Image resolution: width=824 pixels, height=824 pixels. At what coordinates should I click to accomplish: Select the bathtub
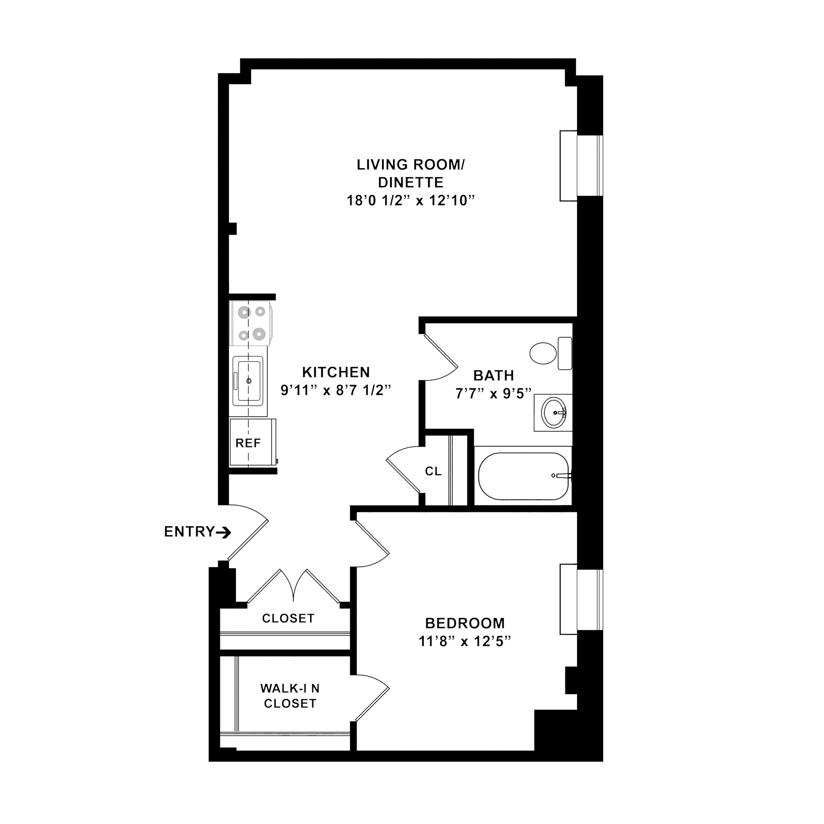(x=524, y=476)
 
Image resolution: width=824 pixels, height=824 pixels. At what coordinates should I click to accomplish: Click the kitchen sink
(x=248, y=381)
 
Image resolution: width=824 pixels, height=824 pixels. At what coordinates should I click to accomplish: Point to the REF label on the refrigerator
(x=248, y=443)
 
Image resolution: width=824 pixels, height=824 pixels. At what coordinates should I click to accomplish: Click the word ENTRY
(x=189, y=531)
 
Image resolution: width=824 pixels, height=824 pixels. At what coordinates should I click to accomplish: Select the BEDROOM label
(x=465, y=623)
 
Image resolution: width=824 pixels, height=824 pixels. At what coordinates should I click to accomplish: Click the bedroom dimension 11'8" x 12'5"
(x=465, y=641)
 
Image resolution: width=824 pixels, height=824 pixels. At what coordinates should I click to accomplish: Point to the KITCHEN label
(x=336, y=372)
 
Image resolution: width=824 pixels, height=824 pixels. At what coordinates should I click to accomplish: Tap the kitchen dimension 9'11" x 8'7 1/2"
(x=336, y=390)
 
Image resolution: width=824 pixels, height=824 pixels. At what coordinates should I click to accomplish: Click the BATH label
(x=494, y=375)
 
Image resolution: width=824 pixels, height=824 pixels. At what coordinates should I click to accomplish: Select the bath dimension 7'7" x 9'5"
(x=494, y=393)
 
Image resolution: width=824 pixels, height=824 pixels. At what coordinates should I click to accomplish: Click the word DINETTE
(x=411, y=183)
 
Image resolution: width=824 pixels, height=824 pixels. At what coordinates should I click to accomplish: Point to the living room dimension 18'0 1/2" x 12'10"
(x=411, y=201)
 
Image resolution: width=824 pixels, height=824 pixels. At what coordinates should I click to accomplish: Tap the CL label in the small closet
(x=433, y=471)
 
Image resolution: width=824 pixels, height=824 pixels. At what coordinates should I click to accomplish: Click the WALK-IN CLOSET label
(x=290, y=696)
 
